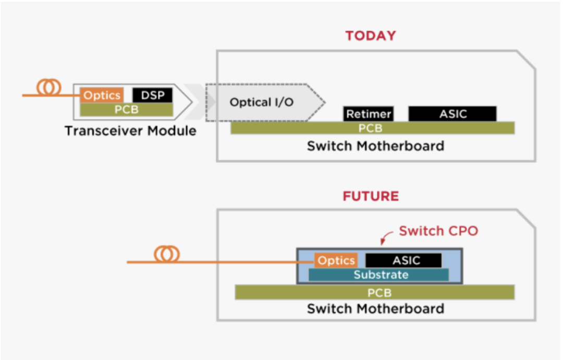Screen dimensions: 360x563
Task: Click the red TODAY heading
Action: [x=370, y=36]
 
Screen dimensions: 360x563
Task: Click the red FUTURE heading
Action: [x=370, y=196]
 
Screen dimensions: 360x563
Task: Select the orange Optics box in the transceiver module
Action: [x=102, y=95]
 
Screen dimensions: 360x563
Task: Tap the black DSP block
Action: [x=152, y=95]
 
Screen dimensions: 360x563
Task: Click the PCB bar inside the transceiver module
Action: [x=127, y=109]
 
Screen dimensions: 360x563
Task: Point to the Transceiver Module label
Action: [x=130, y=131]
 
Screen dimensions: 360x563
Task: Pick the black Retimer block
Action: [x=369, y=114]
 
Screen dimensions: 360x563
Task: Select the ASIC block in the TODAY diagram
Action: [x=452, y=114]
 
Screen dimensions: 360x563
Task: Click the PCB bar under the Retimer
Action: [x=372, y=128]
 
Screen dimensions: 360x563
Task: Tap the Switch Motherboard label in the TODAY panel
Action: [x=375, y=146]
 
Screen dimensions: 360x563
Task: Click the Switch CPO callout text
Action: [x=438, y=231]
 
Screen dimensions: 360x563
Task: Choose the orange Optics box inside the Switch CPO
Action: [x=336, y=260]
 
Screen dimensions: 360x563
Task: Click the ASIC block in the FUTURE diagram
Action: [x=403, y=260]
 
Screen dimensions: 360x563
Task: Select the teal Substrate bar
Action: [x=379, y=275]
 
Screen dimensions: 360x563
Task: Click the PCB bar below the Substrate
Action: [x=374, y=292]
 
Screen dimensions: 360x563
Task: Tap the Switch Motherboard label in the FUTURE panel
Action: [x=375, y=308]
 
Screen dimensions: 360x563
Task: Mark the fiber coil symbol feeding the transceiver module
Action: [x=48, y=88]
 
